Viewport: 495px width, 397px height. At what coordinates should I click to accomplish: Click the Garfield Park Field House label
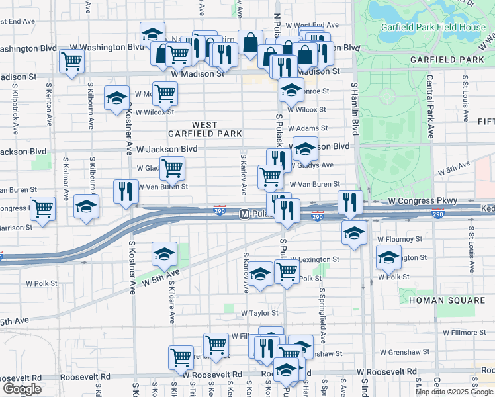tap(433, 28)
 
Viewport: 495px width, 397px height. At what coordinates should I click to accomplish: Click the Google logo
tap(22, 389)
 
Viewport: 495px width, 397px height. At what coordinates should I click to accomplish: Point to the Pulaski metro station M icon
tap(244, 214)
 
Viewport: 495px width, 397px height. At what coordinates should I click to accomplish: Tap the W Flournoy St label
tap(399, 239)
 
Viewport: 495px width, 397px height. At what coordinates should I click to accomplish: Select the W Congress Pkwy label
tap(422, 200)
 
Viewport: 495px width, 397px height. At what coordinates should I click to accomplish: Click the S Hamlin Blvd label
tap(355, 109)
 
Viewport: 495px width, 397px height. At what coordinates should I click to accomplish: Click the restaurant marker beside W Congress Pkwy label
tap(349, 203)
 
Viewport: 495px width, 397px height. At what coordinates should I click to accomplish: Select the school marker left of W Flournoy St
tap(354, 233)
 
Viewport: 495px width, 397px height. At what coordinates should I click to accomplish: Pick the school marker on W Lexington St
tap(388, 257)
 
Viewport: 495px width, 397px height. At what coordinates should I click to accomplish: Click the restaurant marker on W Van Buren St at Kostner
tap(125, 192)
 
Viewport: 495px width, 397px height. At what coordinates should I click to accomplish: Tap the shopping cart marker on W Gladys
tap(172, 168)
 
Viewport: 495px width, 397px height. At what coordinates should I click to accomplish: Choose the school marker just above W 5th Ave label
tap(164, 253)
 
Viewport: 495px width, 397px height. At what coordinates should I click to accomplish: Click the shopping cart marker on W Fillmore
tap(216, 344)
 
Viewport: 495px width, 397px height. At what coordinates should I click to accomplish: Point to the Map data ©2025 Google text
tap(453, 392)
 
